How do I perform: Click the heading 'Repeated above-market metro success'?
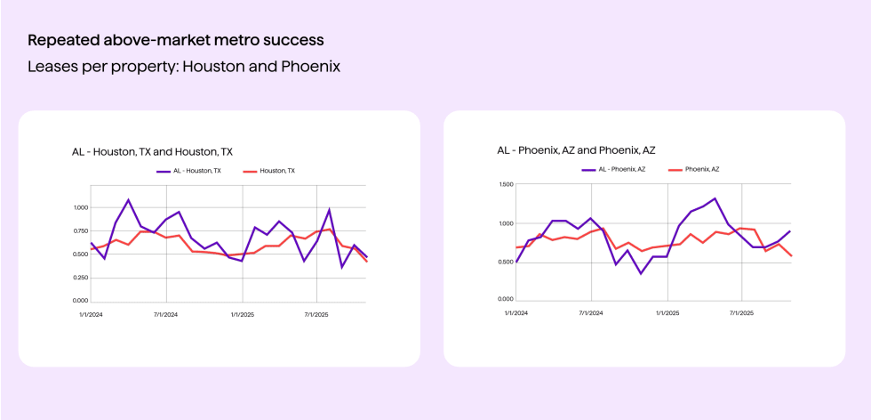point(175,40)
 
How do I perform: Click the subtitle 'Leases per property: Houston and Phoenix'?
point(184,67)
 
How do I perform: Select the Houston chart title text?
point(152,152)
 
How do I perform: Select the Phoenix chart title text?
point(576,150)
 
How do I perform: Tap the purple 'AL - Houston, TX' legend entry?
point(188,171)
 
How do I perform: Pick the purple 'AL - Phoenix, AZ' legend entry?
point(613,169)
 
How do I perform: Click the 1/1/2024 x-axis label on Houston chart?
point(90,315)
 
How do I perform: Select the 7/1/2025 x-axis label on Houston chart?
point(317,315)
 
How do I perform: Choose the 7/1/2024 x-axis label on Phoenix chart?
point(591,313)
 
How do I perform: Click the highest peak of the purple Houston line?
point(128,199)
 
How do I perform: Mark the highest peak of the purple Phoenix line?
point(715,198)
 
